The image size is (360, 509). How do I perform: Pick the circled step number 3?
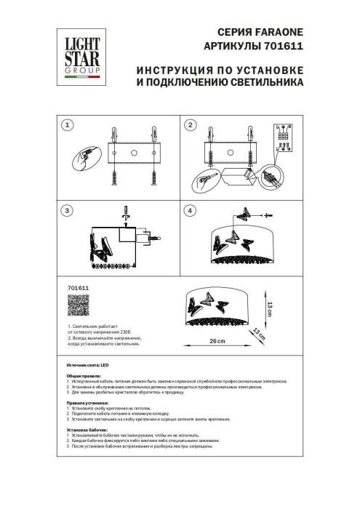point(67,211)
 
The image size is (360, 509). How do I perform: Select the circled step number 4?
point(191,211)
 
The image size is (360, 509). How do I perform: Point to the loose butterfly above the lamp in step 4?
point(244,217)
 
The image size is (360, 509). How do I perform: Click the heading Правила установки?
point(87,402)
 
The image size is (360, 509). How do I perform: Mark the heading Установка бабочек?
point(85,428)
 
